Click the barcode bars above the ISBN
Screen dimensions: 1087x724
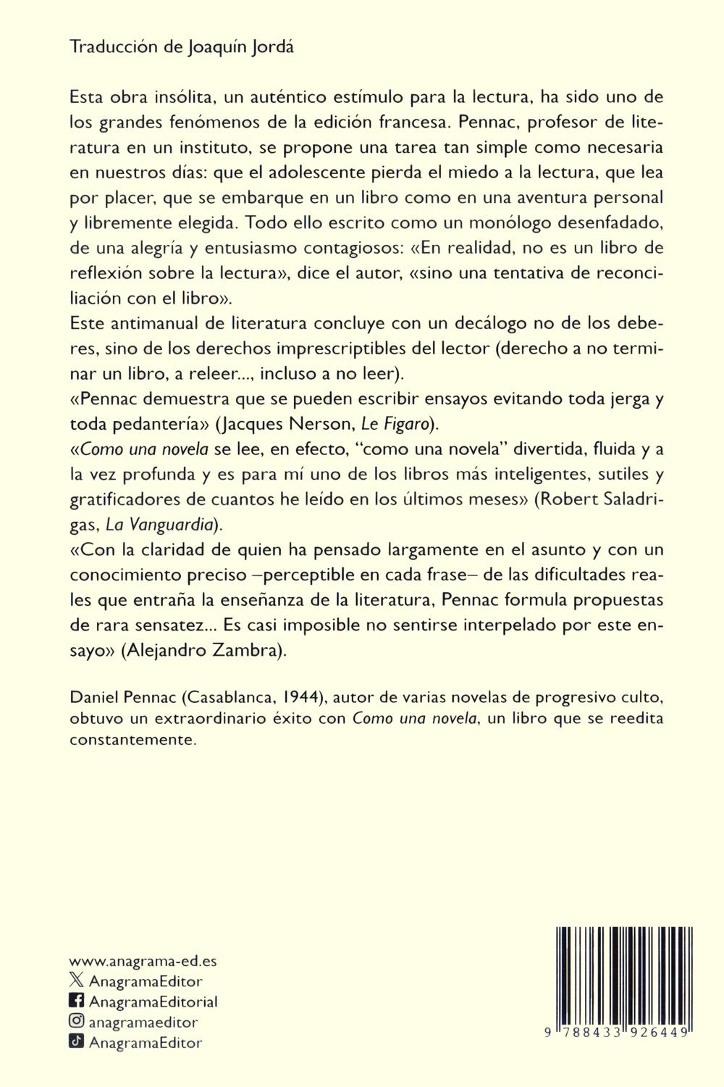(620, 971)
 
